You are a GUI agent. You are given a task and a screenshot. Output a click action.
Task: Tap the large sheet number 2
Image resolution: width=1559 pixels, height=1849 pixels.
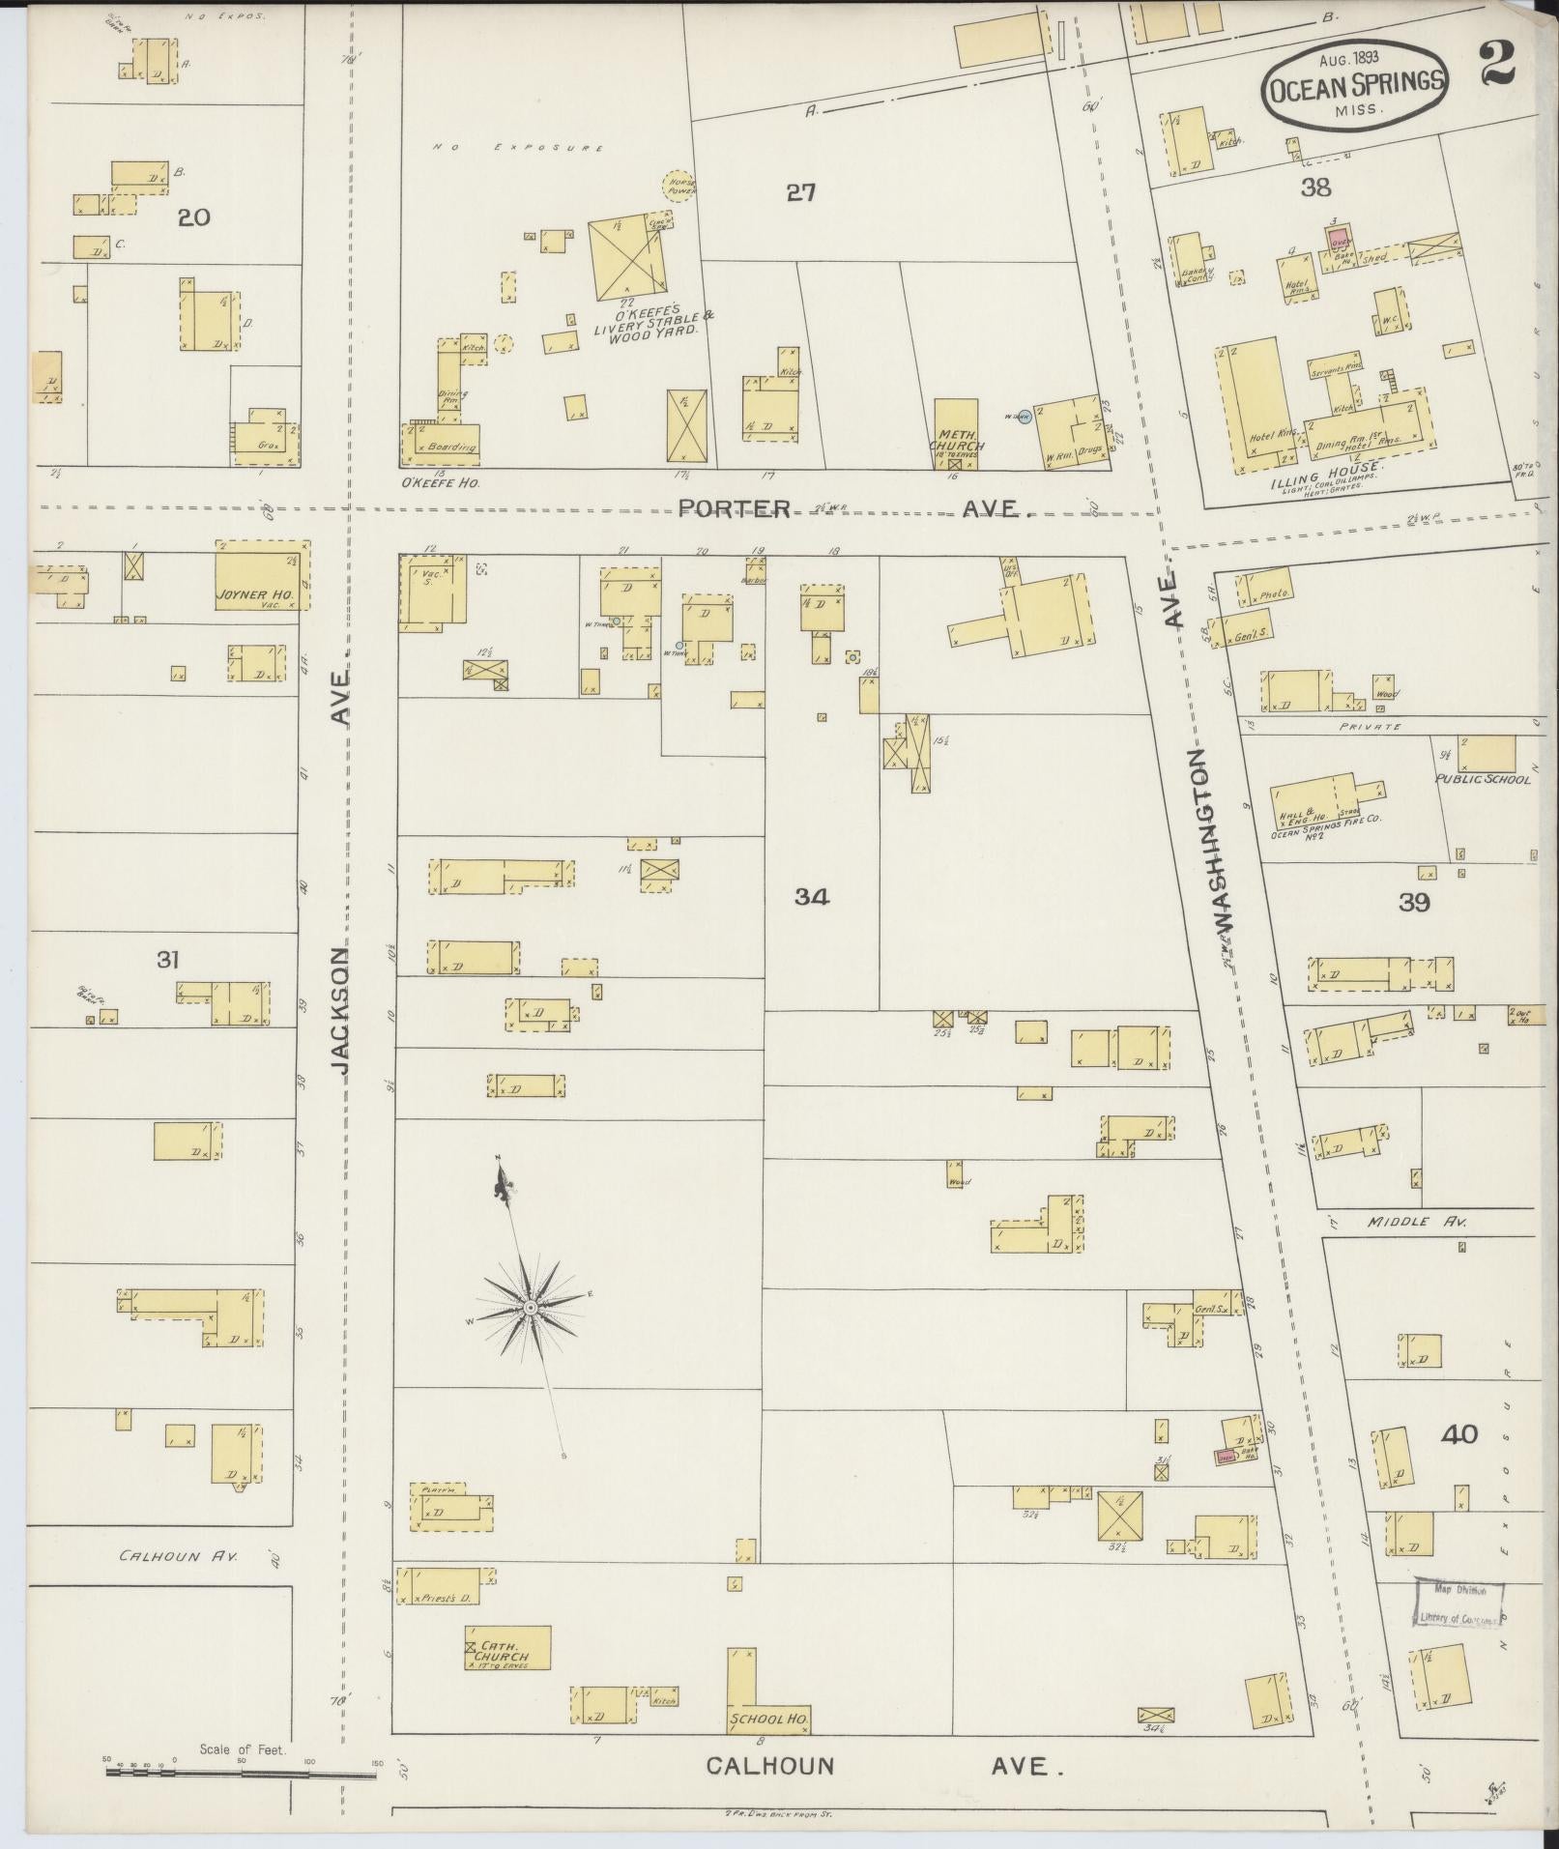1495,66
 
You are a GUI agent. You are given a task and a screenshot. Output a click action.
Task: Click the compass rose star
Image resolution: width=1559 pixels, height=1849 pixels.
530,1308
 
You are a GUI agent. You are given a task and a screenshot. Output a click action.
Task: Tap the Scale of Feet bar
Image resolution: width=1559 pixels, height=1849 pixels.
242,1771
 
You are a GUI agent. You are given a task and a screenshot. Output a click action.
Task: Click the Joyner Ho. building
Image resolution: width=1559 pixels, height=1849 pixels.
261,576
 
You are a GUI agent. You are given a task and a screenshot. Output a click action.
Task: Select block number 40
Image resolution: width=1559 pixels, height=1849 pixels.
1458,1434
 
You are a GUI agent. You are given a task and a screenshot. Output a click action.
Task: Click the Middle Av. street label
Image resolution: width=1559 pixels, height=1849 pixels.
1417,1223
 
